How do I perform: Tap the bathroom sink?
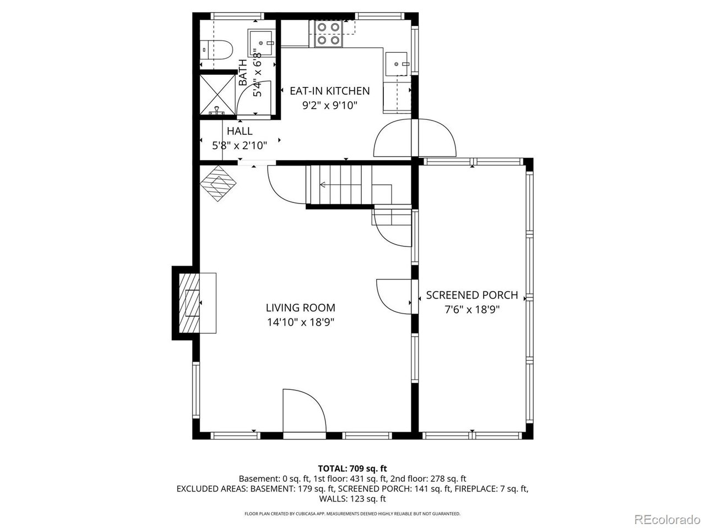pos(261,43)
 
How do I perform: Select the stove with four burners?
pos(328,34)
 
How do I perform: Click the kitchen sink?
pos(397,64)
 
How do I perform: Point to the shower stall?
pos(218,95)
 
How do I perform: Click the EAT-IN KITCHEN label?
pos(329,91)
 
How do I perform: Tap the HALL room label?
pos(240,131)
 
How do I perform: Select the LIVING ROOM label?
pos(300,308)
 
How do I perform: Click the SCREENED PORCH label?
pos(472,295)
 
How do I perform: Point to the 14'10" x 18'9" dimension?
pos(301,322)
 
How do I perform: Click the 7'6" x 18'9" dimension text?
pos(472,310)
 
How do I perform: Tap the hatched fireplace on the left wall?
pos(189,303)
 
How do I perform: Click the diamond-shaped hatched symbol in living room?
pos(218,183)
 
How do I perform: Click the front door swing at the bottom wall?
pos(304,410)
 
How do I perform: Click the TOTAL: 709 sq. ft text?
pos(352,469)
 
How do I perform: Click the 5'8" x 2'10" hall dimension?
pos(240,146)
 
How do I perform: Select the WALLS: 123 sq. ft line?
pos(352,499)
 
